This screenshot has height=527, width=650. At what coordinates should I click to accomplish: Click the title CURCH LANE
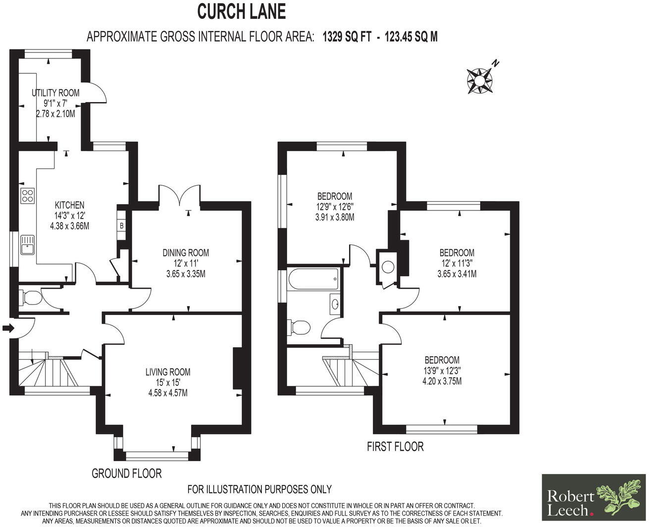click(242, 11)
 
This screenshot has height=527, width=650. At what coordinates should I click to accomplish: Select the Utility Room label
click(55, 93)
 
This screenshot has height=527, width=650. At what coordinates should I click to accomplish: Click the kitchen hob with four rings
click(27, 196)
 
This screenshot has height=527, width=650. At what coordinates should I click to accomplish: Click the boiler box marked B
click(121, 225)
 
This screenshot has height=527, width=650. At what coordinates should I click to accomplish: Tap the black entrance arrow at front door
click(8, 328)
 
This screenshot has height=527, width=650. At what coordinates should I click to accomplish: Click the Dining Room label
click(186, 253)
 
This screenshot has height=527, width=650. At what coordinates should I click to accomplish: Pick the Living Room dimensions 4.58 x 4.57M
click(168, 393)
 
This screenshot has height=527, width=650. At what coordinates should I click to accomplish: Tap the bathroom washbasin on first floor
click(335, 304)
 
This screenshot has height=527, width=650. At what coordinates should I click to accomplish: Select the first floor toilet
click(299, 327)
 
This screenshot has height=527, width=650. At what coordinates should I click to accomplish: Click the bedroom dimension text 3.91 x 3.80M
click(335, 217)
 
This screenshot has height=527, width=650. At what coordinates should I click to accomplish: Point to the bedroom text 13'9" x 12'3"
click(442, 370)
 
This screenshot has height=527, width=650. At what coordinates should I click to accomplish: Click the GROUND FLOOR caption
click(127, 474)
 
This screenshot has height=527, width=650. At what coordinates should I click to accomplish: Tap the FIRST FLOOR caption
click(395, 447)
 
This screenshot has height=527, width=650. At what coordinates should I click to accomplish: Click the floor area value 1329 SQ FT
click(347, 37)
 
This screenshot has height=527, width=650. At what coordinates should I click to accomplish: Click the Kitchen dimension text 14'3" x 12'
click(69, 215)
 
